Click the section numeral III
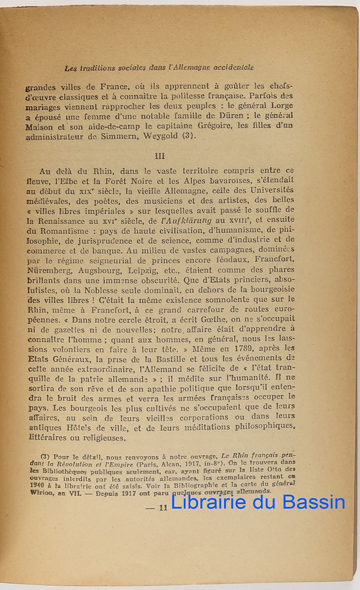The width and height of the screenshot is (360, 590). tap(160, 156)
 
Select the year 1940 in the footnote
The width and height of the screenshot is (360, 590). tap(38, 484)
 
